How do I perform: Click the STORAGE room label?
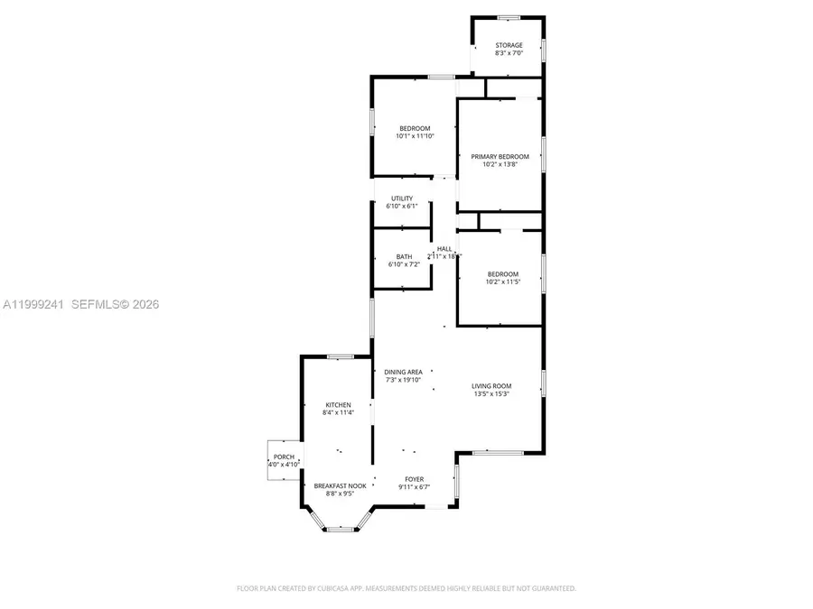pos(509,45)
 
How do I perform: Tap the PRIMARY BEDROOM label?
pos(500,156)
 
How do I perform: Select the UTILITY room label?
pos(402,198)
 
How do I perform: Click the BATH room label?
pos(404,257)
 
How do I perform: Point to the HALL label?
pos(444,249)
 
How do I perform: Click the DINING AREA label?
pos(403,372)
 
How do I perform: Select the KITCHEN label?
pos(338,405)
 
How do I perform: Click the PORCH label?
pos(284,457)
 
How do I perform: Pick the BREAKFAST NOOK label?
pos(340,485)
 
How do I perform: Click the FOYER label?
pos(414,479)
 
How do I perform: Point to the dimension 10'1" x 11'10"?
pos(416,136)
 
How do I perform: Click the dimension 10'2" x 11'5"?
pos(502,282)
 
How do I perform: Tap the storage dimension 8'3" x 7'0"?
pos(509,53)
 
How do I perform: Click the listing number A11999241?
pos(32,305)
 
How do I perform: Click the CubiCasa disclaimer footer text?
pos(406,588)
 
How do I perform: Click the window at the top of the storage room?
pos(509,17)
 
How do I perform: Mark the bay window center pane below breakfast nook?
pos(339,530)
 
